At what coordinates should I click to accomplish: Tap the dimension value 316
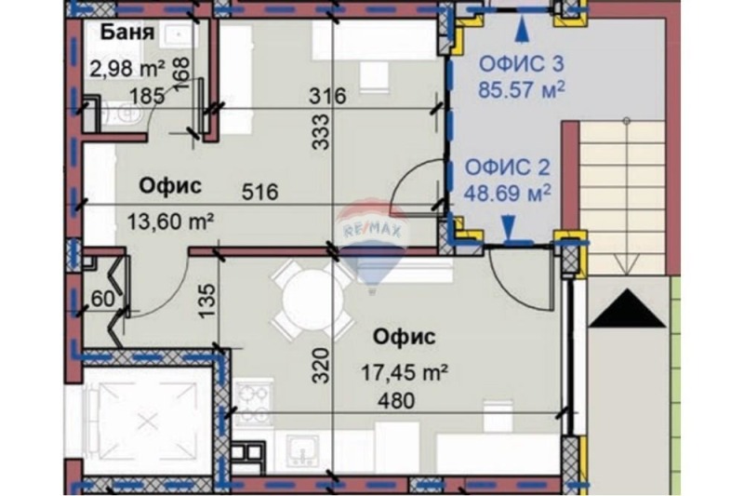point(327,95)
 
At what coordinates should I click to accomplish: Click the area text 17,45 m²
point(405,373)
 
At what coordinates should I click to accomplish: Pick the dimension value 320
point(319,372)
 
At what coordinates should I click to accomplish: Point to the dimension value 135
point(208,299)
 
